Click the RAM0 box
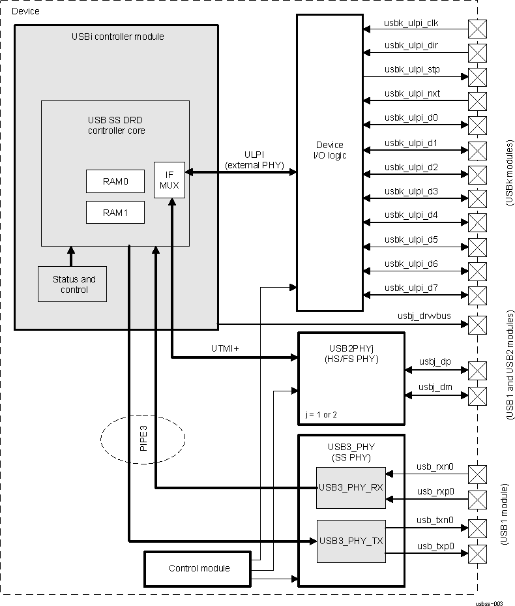coord(115,181)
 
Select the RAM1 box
coord(115,213)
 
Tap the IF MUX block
coord(169,179)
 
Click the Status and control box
coord(72,284)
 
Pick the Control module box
coord(199,568)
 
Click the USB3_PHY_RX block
coord(351,488)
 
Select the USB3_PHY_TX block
coord(351,541)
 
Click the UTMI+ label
coord(225,349)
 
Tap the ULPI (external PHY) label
coord(254,160)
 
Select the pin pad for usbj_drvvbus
coord(478,324)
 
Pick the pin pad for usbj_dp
coord(478,371)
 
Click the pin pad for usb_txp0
coord(478,554)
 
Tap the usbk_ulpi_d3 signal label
coord(411,191)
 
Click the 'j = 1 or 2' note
coord(321,415)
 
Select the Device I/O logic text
coord(330,150)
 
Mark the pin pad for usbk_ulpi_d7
coord(478,294)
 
